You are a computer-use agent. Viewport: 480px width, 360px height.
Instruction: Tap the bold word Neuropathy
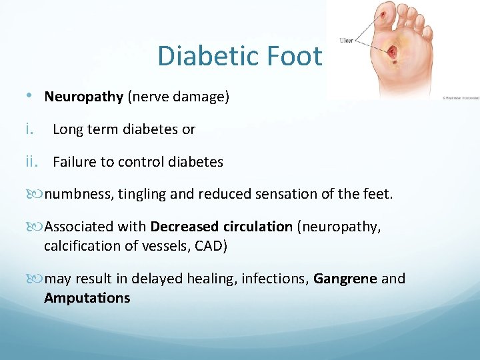(x=84, y=97)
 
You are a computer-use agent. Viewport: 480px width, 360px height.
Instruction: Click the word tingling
(x=142, y=194)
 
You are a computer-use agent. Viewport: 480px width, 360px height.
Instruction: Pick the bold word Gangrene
(x=345, y=279)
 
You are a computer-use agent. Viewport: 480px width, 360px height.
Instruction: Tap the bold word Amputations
(x=87, y=298)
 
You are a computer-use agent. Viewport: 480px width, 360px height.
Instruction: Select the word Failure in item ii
(x=75, y=161)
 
